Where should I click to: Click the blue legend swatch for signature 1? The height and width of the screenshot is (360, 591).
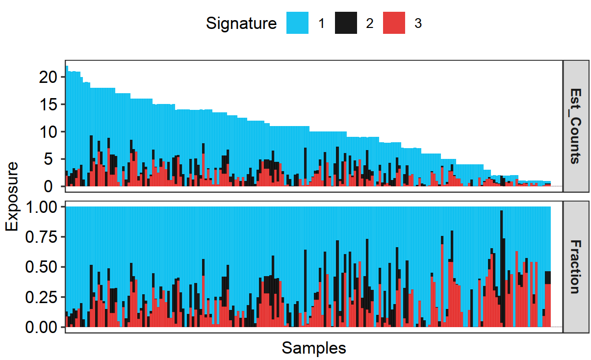coord(297,23)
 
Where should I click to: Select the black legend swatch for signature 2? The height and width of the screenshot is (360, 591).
coord(346,23)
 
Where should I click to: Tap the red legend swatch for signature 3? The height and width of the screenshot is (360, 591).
coord(394,23)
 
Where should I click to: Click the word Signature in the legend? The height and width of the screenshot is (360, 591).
coord(241,23)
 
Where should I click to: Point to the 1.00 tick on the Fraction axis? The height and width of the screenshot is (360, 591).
coord(42,207)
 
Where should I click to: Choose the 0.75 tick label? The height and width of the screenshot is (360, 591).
coord(42,237)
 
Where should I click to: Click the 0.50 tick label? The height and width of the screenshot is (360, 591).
coord(42,267)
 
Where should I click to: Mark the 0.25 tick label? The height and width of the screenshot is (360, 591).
coord(42,297)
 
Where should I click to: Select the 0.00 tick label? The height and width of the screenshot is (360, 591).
coord(42,327)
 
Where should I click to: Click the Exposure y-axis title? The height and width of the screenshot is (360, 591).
coord(12,196)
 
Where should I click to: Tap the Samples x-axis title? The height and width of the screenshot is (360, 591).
coord(314,348)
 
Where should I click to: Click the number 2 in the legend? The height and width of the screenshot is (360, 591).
coord(369,23)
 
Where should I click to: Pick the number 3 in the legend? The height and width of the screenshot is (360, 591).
coord(418,23)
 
